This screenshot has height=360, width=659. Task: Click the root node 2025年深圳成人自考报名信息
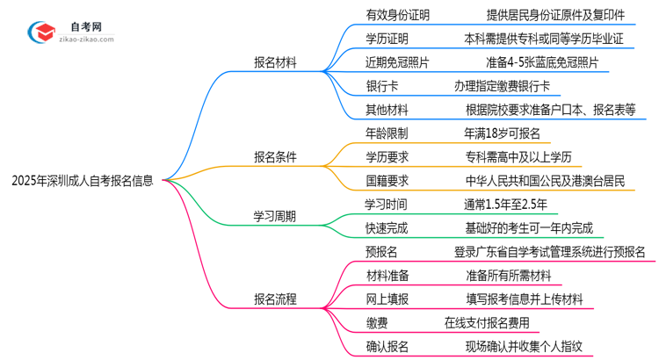(83, 182)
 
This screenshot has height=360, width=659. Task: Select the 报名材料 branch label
(275, 62)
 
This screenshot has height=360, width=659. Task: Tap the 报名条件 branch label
(275, 157)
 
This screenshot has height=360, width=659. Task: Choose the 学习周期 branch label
(275, 216)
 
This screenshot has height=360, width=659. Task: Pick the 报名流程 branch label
(275, 299)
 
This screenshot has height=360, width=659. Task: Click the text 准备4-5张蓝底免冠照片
(540, 62)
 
